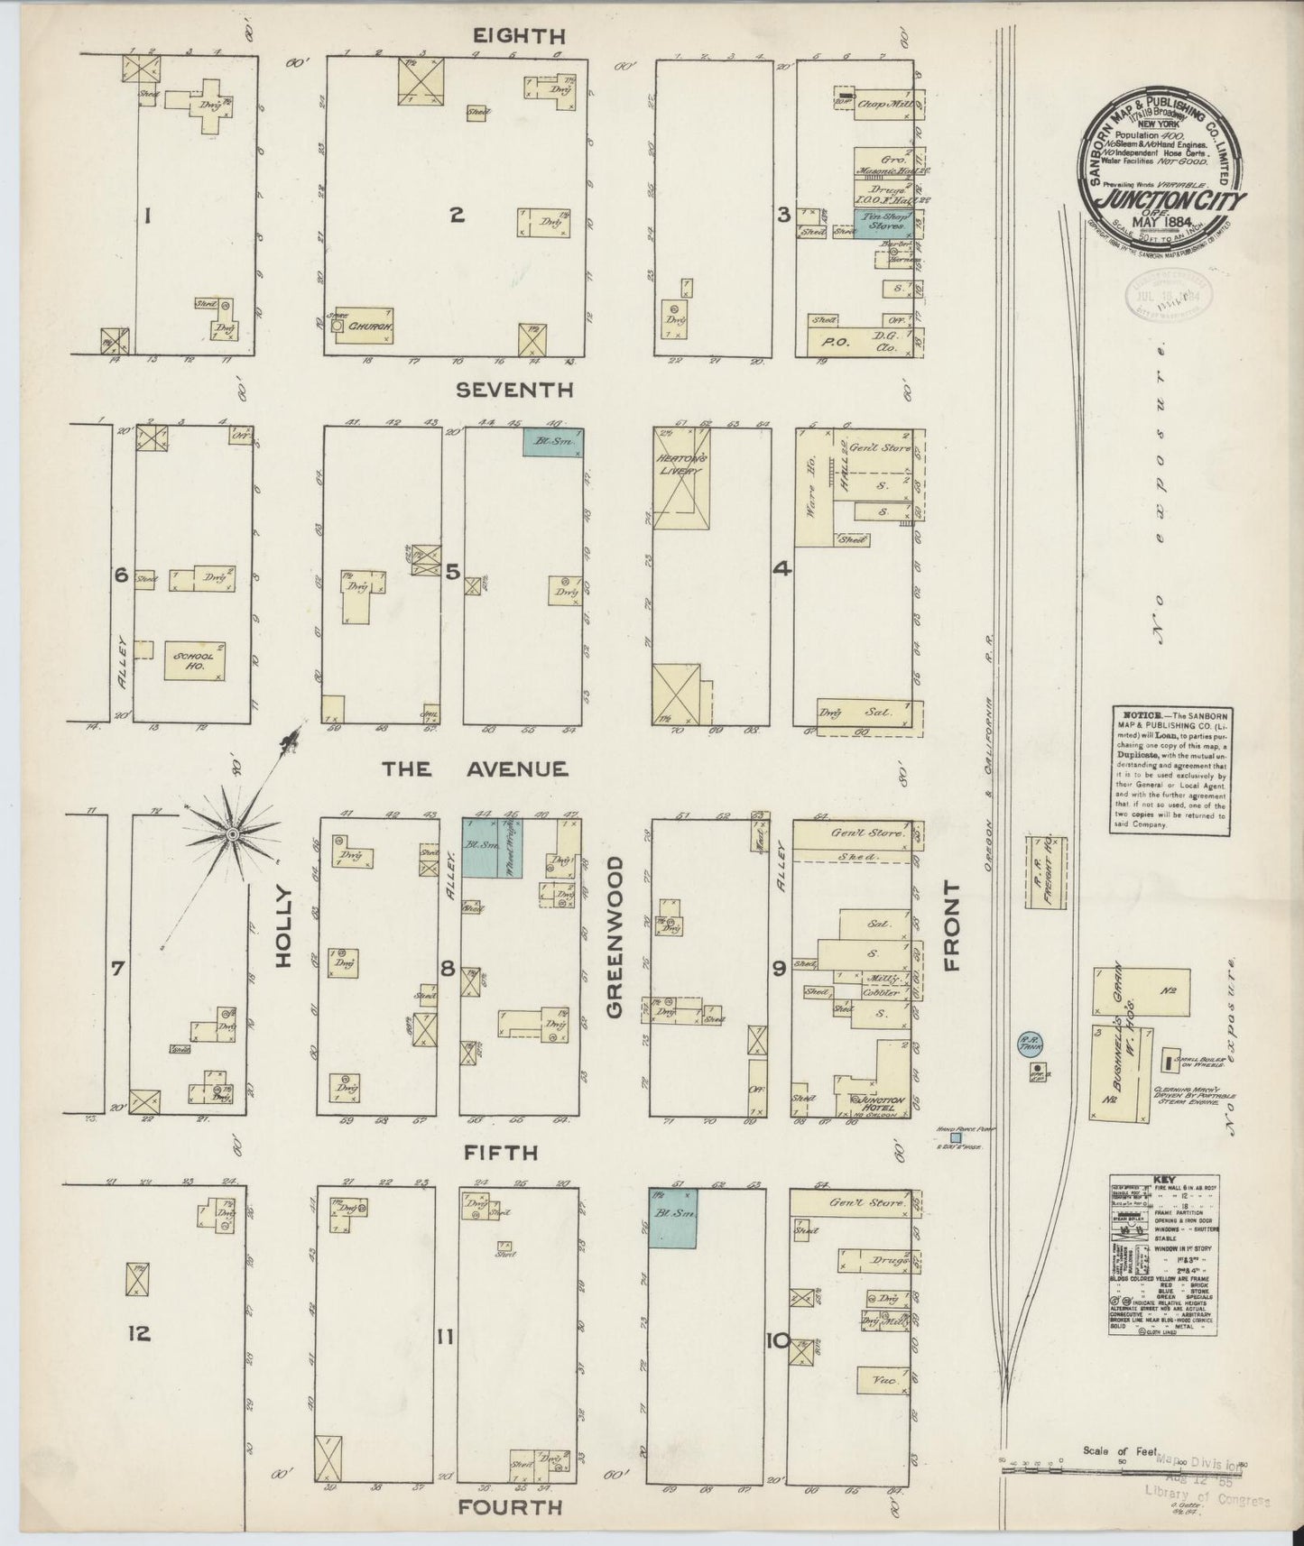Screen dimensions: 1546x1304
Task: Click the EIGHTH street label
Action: pos(518,36)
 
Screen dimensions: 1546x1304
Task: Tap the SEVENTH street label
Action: pos(514,390)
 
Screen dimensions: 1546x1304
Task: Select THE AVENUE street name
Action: pos(475,769)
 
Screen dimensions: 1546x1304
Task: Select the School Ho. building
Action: pos(194,661)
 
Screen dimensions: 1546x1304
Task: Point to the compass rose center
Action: pos(233,835)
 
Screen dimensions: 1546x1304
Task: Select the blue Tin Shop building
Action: pos(883,223)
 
